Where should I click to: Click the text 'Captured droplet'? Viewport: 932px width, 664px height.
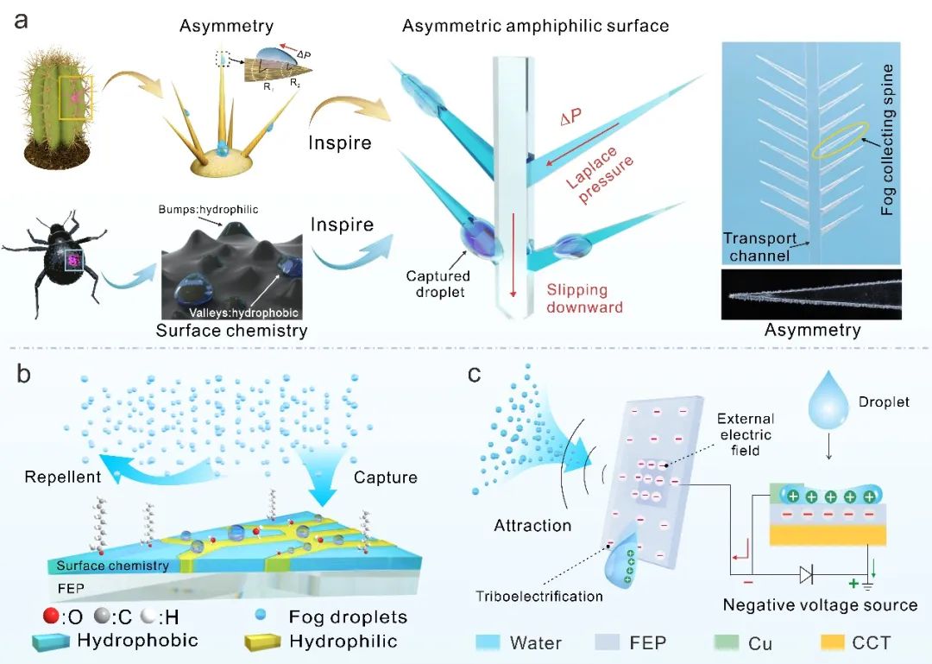pos(438,284)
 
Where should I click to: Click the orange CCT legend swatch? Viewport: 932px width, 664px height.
pos(830,642)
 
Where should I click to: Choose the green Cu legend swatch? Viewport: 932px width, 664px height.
pos(727,642)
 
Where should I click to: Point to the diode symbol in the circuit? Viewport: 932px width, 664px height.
pos(805,574)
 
